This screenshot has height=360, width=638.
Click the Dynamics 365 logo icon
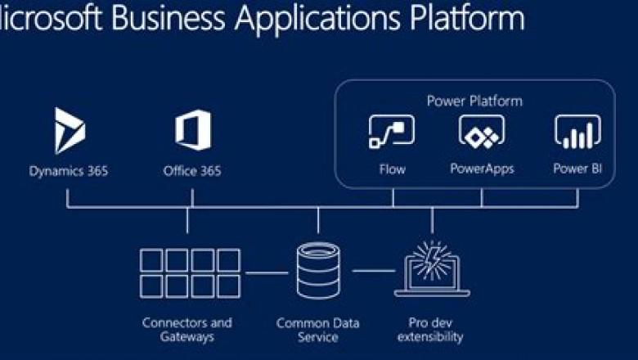click(69, 130)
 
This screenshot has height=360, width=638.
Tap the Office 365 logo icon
click(192, 130)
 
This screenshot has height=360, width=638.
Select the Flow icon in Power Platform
click(392, 131)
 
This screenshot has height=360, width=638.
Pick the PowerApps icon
click(481, 131)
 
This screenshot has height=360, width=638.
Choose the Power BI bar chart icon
click(577, 131)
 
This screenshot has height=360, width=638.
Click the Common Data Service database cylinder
click(317, 271)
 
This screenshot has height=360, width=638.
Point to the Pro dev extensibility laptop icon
click(432, 269)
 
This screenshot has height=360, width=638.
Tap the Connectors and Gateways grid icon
click(190, 272)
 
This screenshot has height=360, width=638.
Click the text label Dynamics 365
click(69, 171)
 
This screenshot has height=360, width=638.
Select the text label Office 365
click(192, 171)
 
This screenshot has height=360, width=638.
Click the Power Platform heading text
click(474, 101)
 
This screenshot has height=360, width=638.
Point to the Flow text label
click(392, 169)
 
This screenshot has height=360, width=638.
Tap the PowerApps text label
click(482, 169)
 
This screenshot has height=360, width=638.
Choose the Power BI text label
click(577, 169)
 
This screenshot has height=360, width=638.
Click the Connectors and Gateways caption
click(187, 329)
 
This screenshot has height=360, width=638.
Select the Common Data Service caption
click(317, 329)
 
